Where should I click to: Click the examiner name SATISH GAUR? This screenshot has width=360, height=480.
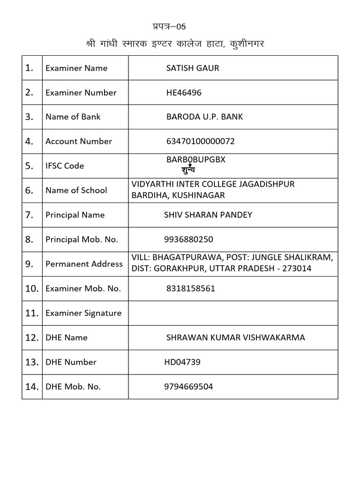pos(193,68)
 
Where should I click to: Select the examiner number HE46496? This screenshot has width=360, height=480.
pos(184,92)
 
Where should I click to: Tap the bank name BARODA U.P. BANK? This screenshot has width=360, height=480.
pos(204,117)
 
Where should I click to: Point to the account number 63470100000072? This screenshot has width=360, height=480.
pos(201,141)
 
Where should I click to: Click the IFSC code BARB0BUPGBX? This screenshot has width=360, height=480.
pos(196,159)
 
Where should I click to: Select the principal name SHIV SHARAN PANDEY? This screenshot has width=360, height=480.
pos(208,215)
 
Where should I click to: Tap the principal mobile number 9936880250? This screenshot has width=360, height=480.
pos(188,239)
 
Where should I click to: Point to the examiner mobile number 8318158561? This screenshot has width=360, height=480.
pos(191,288)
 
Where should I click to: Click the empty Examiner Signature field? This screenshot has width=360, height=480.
pos(233,313)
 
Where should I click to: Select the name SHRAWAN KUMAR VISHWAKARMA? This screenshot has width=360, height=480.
pos(235,337)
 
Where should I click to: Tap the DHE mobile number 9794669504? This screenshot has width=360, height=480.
pos(188,387)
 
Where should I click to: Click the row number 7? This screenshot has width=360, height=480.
pos(30,215)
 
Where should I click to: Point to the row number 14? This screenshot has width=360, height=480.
pos(32,387)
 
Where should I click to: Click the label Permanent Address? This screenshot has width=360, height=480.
pos(84,264)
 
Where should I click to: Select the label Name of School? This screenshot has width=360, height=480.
pos(76,190)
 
